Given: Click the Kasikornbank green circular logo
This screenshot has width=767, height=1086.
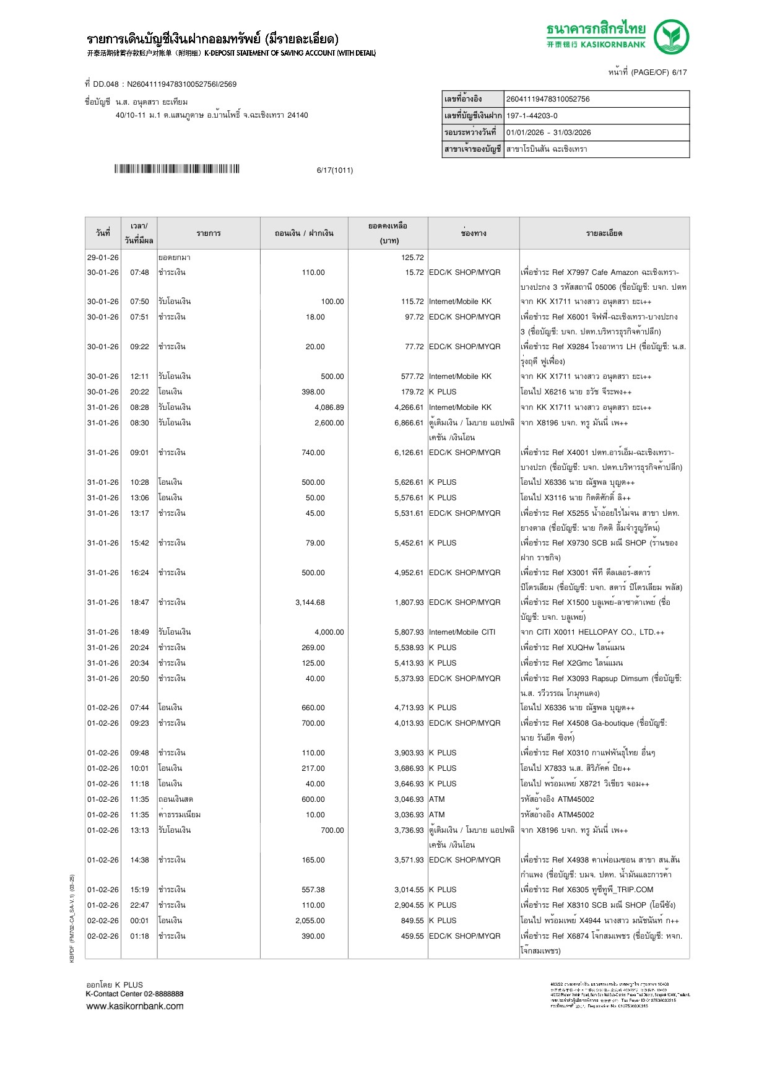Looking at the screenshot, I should click(x=672, y=37).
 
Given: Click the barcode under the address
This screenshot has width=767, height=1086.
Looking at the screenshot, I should click(x=176, y=169).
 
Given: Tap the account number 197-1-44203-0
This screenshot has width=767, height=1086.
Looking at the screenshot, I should click(x=532, y=116).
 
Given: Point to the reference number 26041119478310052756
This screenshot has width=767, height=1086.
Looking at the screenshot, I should click(x=548, y=99).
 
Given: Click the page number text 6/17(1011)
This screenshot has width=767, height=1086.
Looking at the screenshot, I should click(x=335, y=170).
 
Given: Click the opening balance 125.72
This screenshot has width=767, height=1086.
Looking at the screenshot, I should click(x=412, y=258).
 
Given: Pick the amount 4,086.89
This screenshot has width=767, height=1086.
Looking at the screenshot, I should click(x=329, y=407).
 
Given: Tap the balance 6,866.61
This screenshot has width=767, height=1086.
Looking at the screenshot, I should click(x=409, y=423).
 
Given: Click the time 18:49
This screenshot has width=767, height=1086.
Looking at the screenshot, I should click(x=139, y=632).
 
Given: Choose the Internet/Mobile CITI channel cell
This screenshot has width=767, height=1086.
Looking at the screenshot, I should click(x=462, y=632).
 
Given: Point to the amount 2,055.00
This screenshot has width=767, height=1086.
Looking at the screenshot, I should click(x=310, y=921).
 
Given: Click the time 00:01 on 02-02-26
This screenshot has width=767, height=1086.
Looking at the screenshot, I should click(x=139, y=921).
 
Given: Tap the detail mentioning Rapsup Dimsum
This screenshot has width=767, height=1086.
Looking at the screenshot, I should click(x=600, y=679).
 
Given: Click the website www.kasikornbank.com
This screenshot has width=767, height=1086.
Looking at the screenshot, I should click(x=135, y=1006).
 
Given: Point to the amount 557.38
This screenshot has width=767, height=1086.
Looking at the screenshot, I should click(x=313, y=890).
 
